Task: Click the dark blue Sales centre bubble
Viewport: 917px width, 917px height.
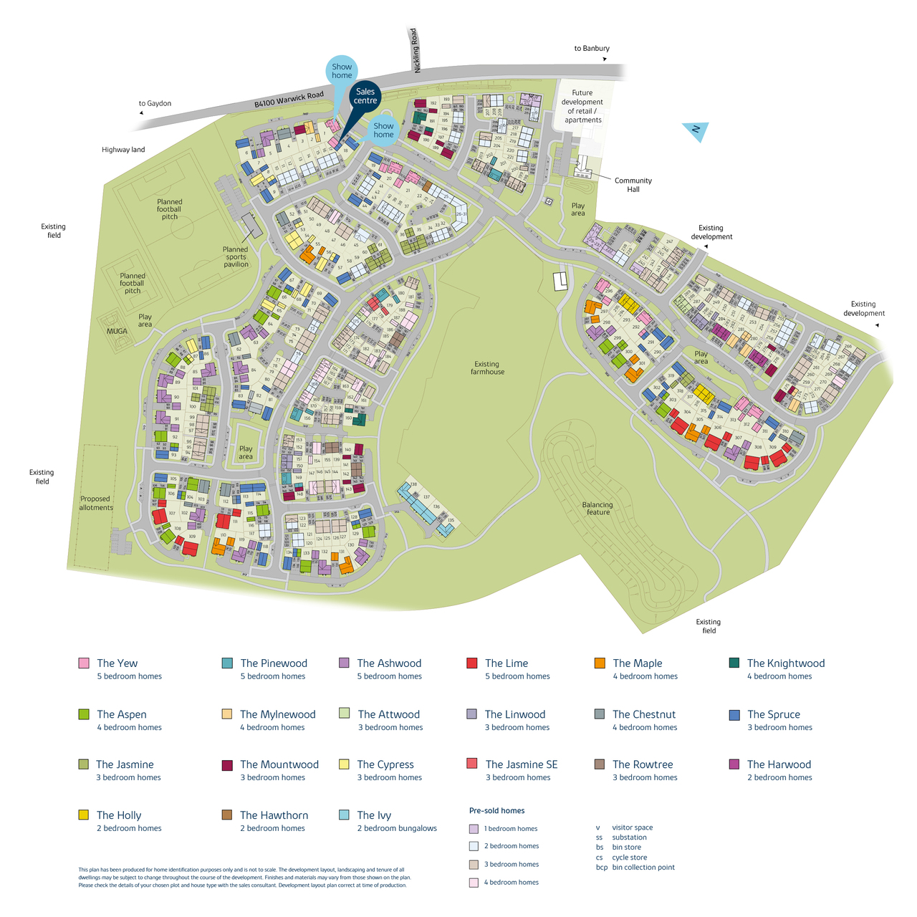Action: pyautogui.click(x=365, y=96)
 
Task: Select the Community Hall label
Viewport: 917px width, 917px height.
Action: pyautogui.click(x=633, y=185)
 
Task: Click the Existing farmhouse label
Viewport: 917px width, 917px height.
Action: pyautogui.click(x=487, y=368)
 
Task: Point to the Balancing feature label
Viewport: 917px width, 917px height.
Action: pyautogui.click(x=597, y=508)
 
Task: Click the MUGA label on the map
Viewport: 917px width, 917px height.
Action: pyautogui.click(x=117, y=331)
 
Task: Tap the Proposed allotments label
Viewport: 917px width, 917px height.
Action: pyautogui.click(x=96, y=503)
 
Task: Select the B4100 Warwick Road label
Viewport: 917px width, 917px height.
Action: pyautogui.click(x=289, y=100)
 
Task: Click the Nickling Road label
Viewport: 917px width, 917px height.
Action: pyautogui.click(x=415, y=50)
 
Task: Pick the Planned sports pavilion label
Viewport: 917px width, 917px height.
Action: pyautogui.click(x=236, y=256)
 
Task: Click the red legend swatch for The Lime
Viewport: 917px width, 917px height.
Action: pyautogui.click(x=471, y=663)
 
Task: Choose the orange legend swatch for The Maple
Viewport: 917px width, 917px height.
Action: pyautogui.click(x=600, y=663)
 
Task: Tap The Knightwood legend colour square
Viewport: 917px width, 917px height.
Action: pyautogui.click(x=734, y=663)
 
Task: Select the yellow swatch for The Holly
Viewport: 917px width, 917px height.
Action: pyautogui.click(x=84, y=815)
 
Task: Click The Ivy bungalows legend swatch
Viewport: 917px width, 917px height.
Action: pyautogui.click(x=344, y=815)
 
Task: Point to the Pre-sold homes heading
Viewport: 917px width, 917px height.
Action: pyautogui.click(x=496, y=811)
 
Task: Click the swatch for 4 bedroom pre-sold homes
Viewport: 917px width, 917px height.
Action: pyautogui.click(x=474, y=883)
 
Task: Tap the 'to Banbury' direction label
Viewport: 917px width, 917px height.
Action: pyautogui.click(x=592, y=49)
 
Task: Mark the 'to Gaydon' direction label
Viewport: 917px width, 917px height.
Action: pyautogui.click(x=155, y=104)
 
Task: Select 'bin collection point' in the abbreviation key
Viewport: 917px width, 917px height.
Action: pyautogui.click(x=643, y=868)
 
